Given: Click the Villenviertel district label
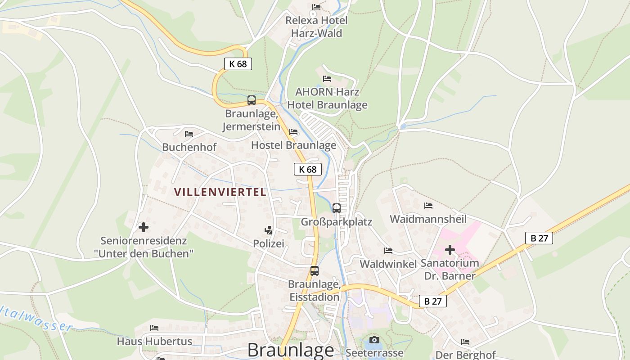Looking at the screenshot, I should tap(220, 192).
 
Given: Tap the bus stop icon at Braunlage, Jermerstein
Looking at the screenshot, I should tap(252, 100).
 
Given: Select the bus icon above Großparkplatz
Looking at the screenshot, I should tap(337, 208).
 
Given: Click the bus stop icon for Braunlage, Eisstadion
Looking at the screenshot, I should tap(315, 271).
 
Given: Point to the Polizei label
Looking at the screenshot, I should tap(269, 243).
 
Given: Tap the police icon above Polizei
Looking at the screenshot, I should tap(269, 230).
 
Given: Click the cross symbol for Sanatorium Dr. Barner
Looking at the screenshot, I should tap(450, 250).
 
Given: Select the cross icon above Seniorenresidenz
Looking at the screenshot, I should tap(144, 227).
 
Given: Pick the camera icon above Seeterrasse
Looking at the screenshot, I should tap(374, 340).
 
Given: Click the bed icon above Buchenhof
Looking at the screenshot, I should tap(189, 134).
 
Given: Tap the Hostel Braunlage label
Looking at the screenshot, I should tap(293, 145).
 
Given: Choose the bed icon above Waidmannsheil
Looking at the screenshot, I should tap(428, 206).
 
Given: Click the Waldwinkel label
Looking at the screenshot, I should tap(388, 264).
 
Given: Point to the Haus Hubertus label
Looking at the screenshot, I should tap(154, 341).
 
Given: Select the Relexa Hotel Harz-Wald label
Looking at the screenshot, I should tap(316, 27).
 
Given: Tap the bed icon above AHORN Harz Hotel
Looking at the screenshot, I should tap(327, 79).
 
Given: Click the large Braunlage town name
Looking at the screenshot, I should tap(291, 350).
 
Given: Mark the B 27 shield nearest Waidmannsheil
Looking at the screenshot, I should tap(539, 238).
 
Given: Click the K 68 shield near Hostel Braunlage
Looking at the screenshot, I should tap(308, 169).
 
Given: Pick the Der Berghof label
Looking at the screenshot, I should tap(465, 355).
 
